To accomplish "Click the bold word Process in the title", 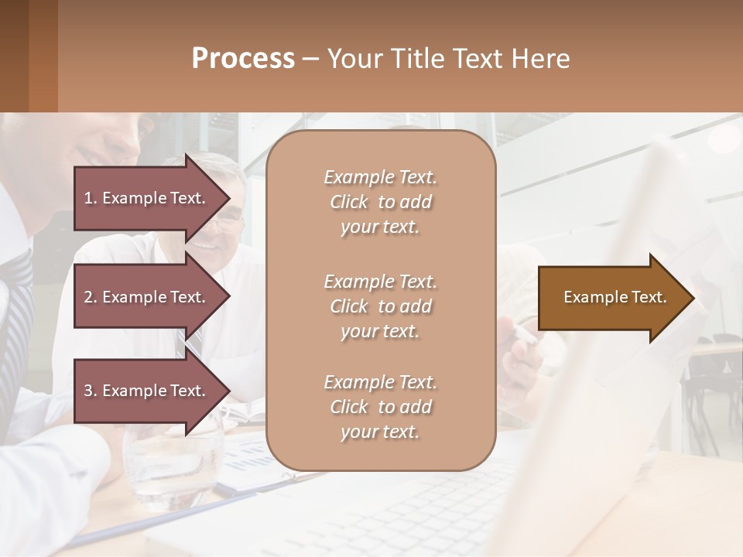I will (243, 59).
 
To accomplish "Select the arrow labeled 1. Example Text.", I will (147, 198).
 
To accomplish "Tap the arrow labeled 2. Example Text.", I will (147, 297).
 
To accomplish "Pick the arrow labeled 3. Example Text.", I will (147, 391).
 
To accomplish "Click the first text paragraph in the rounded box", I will (380, 202).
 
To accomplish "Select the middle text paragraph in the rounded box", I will (380, 306).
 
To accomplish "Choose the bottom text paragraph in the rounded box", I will (380, 407).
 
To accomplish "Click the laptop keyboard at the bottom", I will (433, 518).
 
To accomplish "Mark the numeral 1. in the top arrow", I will (90, 198).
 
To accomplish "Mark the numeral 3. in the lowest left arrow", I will (90, 391).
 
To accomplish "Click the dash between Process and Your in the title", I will (310, 60).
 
